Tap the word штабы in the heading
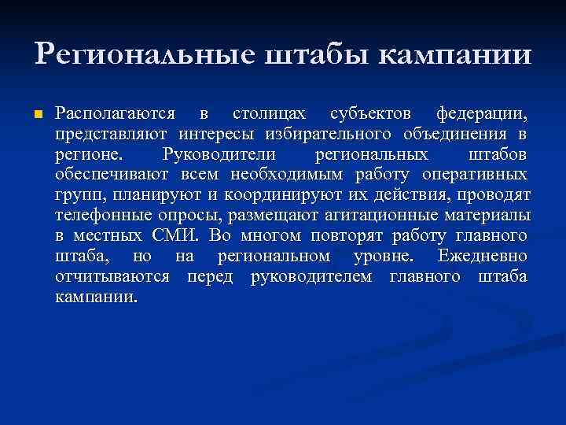tap(307, 54)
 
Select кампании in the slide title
tap(456, 54)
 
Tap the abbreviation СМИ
tap(181, 235)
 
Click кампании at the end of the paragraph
tap(95, 297)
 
